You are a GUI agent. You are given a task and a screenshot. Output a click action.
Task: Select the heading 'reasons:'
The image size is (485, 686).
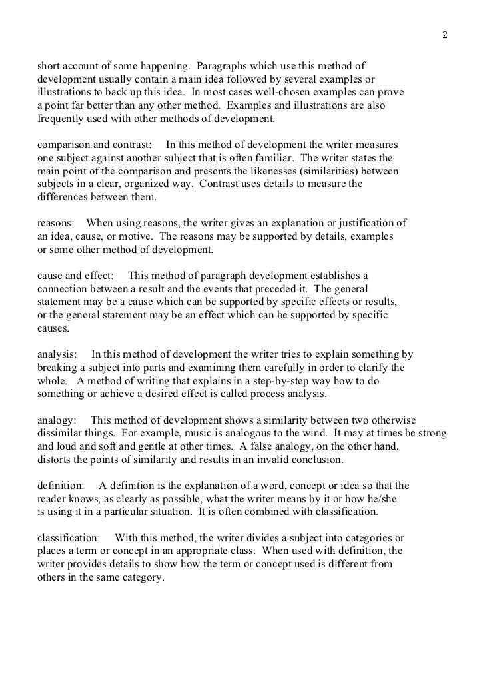[x=55, y=223]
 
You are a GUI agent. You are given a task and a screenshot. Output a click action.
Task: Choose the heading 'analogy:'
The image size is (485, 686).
[x=57, y=420]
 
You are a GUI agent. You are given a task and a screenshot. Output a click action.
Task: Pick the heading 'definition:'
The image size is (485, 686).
[x=61, y=486]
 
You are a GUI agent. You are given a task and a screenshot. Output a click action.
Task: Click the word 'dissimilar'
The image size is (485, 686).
[x=59, y=434]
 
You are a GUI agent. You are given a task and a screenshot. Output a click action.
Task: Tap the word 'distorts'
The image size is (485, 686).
[x=55, y=460]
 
